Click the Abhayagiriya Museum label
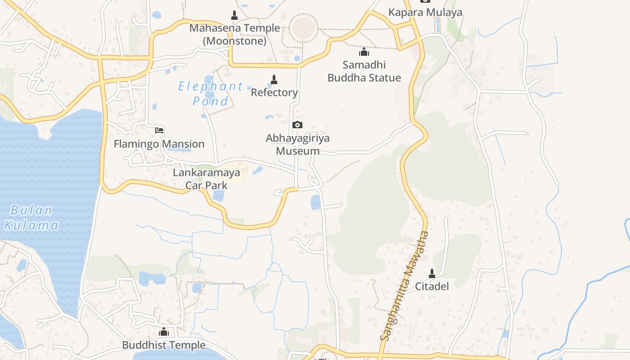point(297,144)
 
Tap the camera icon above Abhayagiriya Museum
point(297,125)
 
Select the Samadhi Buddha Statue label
point(364,71)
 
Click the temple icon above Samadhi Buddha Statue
point(364,52)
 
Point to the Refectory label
point(274,92)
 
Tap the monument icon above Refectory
point(274,80)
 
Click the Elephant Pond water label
point(211,93)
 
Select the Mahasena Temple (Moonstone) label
point(234,34)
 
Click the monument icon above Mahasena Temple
point(234,15)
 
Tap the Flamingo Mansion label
point(159,144)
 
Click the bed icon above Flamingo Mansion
point(159,130)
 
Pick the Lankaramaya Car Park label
point(207,179)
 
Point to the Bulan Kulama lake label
point(31,217)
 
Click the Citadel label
point(432,286)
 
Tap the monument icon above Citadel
point(432,273)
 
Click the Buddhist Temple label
point(164,345)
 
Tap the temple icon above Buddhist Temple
point(164,332)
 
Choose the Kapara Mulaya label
point(425,12)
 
